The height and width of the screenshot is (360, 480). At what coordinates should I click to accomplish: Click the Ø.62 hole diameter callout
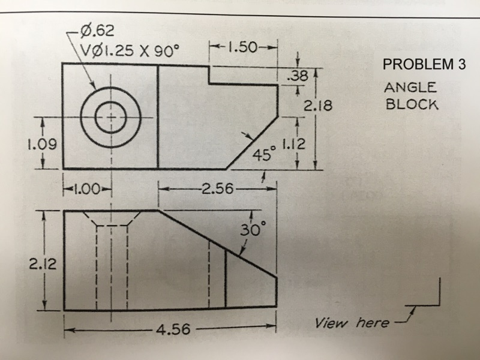tap(97, 31)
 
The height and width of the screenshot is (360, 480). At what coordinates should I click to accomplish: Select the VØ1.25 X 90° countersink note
tap(128, 50)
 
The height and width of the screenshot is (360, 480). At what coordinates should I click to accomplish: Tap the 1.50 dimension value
tap(242, 47)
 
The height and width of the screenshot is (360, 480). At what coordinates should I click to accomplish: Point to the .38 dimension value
tap(298, 76)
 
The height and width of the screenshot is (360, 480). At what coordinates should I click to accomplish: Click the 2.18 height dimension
tap(318, 106)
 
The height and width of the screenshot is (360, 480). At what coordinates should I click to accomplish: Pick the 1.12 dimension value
tap(294, 143)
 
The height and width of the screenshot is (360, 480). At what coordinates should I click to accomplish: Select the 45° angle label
tap(265, 154)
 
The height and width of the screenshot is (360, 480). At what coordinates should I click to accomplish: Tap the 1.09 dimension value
tap(43, 144)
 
